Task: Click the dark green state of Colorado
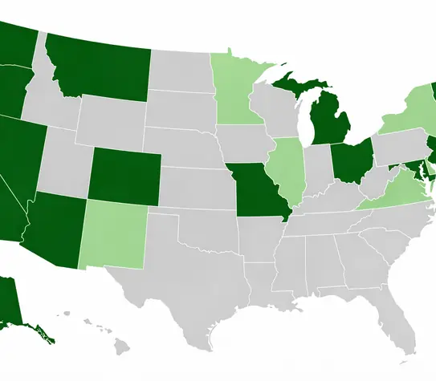[123, 176]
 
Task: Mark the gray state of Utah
[64, 164]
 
